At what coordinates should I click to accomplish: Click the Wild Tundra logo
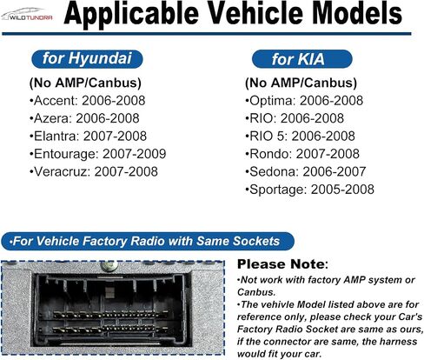pos(27,15)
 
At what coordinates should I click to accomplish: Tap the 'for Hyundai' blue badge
pos(87,59)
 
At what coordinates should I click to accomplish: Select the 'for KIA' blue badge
pos(301,59)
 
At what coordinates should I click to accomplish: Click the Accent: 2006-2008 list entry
pos(88,101)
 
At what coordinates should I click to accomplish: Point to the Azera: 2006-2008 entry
pos(84,118)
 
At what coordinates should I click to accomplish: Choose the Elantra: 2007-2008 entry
pos(89,136)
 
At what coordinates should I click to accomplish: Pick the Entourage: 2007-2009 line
pos(98,154)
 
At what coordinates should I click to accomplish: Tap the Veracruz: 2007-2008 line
pos(94,171)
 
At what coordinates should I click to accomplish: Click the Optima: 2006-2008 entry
pos(304,101)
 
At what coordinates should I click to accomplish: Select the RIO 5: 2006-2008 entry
pos(300,136)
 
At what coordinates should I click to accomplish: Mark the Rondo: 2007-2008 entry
pos(302,154)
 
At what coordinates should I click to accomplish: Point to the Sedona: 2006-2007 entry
pos(306,171)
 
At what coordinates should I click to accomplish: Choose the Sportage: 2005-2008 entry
pos(309,190)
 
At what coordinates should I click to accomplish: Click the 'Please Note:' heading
pos(282,264)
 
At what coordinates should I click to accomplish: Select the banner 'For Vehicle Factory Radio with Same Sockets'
pos(148,241)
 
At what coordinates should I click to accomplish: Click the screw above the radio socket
pos(109,265)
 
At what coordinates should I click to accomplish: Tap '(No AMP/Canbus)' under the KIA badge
pos(301,83)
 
